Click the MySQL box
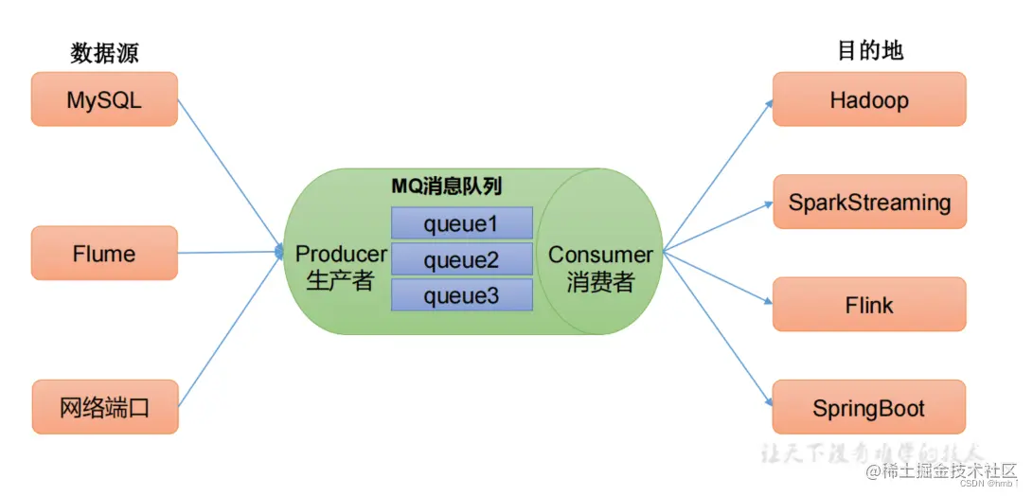pos(104,99)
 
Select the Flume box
pos(104,254)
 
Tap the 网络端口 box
pos(104,408)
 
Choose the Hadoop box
pos(869,99)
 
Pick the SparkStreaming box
pos(869,202)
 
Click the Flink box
pos(869,305)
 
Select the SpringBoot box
pos(869,408)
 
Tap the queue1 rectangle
pos(461,223)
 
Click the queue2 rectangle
pos(461,259)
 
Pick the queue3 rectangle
pos(461,295)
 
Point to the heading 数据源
pos(104,53)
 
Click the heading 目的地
pos(869,51)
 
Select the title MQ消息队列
pos(447,186)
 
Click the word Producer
pos(341,254)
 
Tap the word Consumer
pos(600,255)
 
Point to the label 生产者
pos(341,281)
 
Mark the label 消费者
pos(600,282)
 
